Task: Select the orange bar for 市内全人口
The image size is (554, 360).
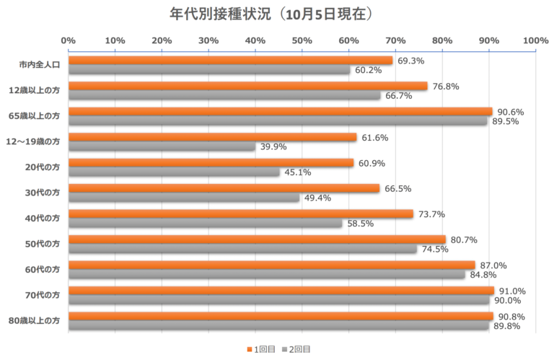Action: pos(231,61)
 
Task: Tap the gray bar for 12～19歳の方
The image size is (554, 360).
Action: pos(162,146)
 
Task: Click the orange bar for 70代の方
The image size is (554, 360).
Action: pos(281,291)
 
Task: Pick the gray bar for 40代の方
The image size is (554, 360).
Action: pos(206,224)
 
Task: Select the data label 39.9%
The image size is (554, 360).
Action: pos(274,147)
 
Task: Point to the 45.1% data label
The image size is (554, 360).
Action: pos(298,172)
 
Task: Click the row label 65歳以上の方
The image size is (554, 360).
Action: pos(34,116)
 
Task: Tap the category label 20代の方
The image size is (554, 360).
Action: pos(43,167)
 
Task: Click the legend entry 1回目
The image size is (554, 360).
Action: pos(263,349)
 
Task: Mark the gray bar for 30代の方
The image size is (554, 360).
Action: pos(184,198)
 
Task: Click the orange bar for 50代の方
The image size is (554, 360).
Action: pos(258,240)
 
